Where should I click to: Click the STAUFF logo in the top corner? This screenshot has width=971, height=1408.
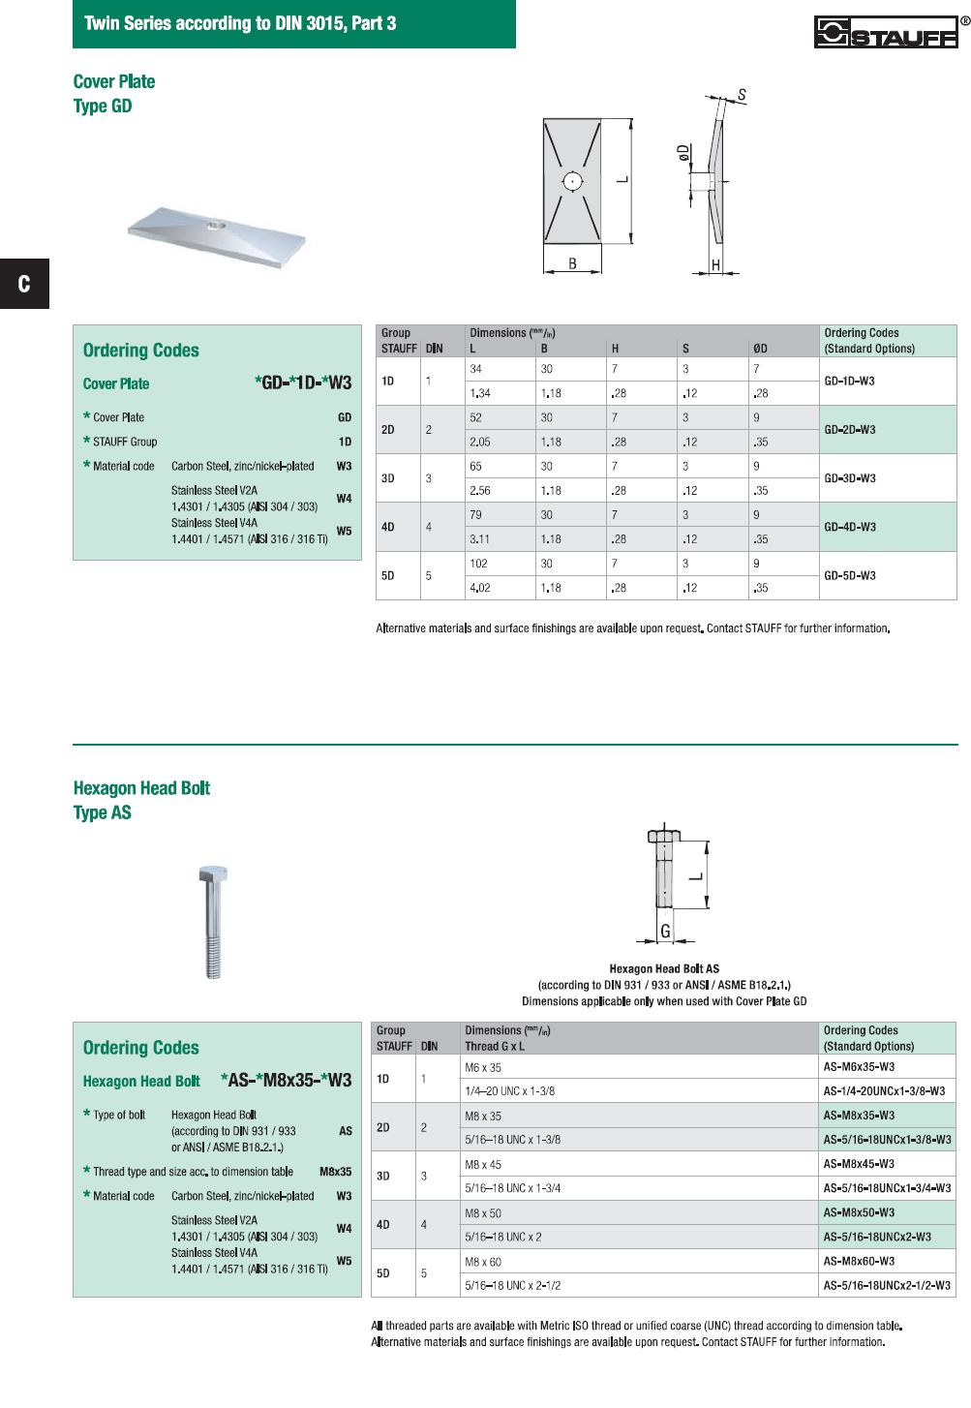coord(886,32)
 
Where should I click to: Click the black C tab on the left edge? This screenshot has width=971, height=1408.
coord(24,284)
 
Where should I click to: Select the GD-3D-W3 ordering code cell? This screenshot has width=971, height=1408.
coord(849,478)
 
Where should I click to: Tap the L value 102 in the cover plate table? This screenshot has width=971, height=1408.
coord(478,564)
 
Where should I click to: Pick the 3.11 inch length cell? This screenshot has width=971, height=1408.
coord(479,539)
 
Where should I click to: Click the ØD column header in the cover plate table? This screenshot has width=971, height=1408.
coord(760,349)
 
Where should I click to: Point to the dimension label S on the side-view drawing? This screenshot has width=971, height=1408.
coord(742,95)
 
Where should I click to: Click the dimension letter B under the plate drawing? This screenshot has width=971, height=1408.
coord(572,263)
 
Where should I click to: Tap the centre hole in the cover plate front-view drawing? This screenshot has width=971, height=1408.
coord(572,181)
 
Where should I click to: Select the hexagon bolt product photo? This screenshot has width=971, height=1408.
coord(213,921)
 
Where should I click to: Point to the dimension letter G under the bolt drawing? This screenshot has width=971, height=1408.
coord(665,932)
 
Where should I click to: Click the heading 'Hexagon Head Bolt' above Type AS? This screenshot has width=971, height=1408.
coord(141,788)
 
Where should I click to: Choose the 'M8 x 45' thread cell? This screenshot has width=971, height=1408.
coord(483,1165)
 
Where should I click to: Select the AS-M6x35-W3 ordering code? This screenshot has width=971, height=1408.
coord(859,1067)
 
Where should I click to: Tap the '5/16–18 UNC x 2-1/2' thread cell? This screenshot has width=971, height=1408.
coord(512,1286)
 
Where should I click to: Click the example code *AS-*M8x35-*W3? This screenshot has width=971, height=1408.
coord(286,1081)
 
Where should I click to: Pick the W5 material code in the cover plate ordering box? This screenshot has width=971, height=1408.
coord(344,531)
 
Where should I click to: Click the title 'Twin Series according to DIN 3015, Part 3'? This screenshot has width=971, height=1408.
coord(240,23)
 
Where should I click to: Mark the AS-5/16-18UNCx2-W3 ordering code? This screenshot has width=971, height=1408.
coord(877,1237)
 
